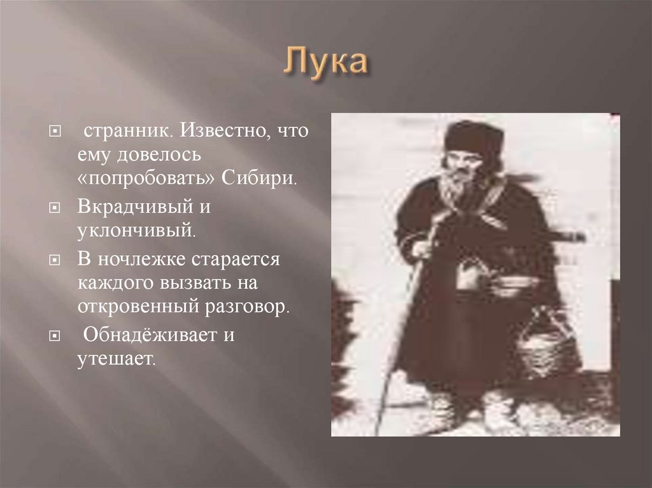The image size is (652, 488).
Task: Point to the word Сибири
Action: (259, 177)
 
